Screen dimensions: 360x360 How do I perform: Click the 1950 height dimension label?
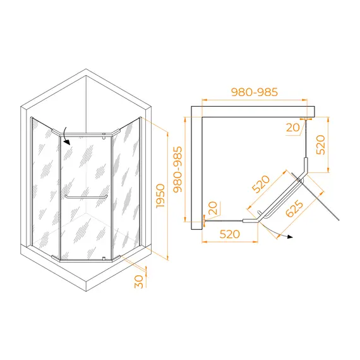point(160,196)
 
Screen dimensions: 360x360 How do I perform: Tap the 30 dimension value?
point(139,282)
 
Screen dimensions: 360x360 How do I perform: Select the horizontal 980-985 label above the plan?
point(255,92)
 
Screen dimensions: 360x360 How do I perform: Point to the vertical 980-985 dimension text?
point(177,169)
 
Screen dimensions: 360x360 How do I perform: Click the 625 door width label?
point(294,208)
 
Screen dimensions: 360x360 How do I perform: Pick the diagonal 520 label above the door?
point(261,184)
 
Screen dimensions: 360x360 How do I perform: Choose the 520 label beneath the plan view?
point(230,234)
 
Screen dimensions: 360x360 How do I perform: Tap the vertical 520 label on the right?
point(321,145)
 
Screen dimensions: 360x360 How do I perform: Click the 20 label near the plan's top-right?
point(293,128)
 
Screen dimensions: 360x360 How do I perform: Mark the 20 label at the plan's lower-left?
point(213,208)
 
